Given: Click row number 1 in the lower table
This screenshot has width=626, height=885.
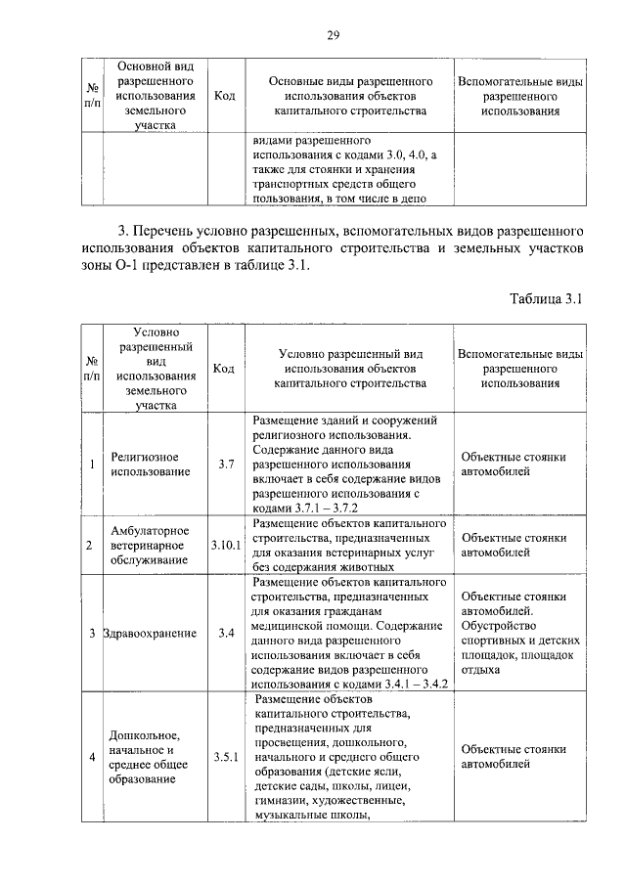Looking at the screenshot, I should coord(91,465).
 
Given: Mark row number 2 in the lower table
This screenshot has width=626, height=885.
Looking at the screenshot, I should coord(91,545).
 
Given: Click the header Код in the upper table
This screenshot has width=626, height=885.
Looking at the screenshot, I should coord(224,96).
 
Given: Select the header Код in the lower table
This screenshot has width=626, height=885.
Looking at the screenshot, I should coord(224,369).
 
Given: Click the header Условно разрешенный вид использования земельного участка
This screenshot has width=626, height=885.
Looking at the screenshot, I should coord(151,368).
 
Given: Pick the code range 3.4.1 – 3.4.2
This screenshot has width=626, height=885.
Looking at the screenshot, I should coord(407,685).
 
